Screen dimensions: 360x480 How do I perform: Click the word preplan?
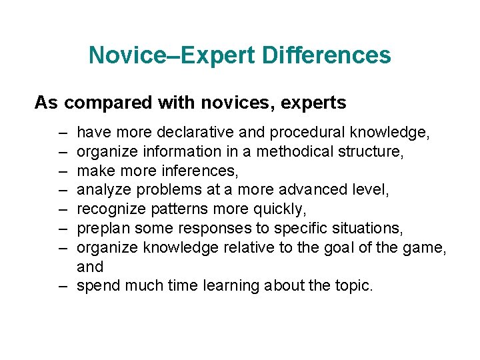tap(102, 229)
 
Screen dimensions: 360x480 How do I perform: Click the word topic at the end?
tap(355, 286)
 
